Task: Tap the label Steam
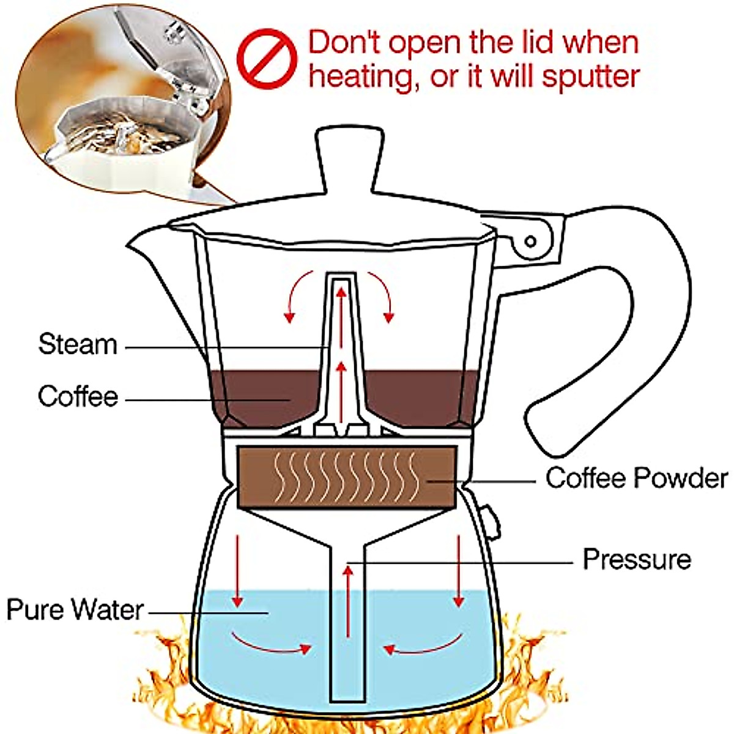tap(78, 344)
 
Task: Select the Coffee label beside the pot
tap(78, 396)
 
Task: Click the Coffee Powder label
tap(637, 478)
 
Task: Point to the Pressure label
tap(637, 559)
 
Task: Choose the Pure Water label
tap(75, 610)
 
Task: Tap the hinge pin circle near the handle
tap(530, 242)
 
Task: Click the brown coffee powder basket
tap(347, 477)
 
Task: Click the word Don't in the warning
tap(345, 43)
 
